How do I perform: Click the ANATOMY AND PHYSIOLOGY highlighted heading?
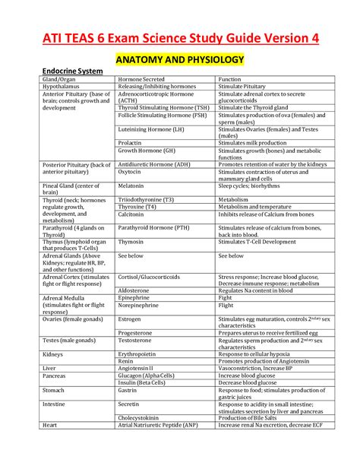click(179, 59)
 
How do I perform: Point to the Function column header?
click(230, 79)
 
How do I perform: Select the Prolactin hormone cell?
click(131, 142)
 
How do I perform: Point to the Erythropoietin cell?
click(140, 353)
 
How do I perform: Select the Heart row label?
click(51, 425)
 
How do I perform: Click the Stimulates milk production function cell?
click(254, 142)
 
